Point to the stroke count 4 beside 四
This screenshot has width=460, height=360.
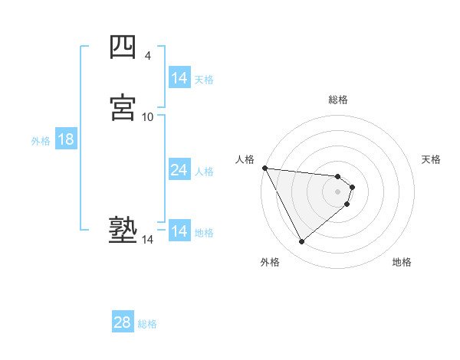pyautogui.click(x=147, y=56)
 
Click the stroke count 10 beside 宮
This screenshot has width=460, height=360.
pyautogui.click(x=148, y=116)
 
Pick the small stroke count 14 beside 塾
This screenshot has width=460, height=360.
pyautogui.click(x=148, y=240)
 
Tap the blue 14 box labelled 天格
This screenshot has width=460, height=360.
pyautogui.click(x=179, y=78)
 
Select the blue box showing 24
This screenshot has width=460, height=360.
pyautogui.click(x=179, y=170)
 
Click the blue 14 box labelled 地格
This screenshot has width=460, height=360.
pyautogui.click(x=179, y=231)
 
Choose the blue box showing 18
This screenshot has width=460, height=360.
pyautogui.click(x=66, y=139)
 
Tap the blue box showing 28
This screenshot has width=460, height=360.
pyautogui.click(x=123, y=322)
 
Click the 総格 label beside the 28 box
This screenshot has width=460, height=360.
pyautogui.click(x=147, y=324)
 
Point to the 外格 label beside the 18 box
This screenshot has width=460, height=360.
pyautogui.click(x=41, y=141)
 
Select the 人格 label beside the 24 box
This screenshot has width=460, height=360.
pyautogui.click(x=204, y=172)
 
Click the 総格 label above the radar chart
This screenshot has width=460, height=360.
pyautogui.click(x=338, y=100)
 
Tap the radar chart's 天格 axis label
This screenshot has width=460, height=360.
pyautogui.click(x=431, y=159)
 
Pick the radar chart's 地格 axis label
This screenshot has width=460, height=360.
pyautogui.click(x=402, y=262)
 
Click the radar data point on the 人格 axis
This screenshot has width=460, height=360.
pyautogui.click(x=264, y=168)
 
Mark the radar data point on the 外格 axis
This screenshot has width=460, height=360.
pyautogui.click(x=301, y=242)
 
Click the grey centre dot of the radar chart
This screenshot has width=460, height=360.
pyautogui.click(x=338, y=190)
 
